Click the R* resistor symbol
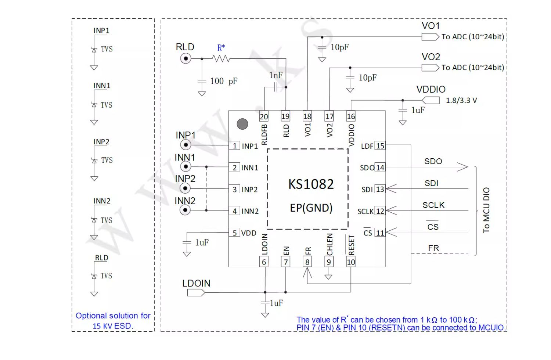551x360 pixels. coord(221,58)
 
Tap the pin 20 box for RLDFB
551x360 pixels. coord(264,116)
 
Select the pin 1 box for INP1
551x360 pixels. coord(234,146)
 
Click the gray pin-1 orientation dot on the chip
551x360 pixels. coord(242,124)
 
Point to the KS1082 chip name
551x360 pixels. coord(311,184)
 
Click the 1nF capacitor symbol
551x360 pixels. coord(275,87)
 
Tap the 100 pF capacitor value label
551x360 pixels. coord(224,81)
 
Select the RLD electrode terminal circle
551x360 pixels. coord(186,58)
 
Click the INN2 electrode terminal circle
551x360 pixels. coord(185,210)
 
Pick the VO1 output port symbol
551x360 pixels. coord(430,37)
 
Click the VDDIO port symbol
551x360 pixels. coord(431,100)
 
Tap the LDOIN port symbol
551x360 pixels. coord(196,292)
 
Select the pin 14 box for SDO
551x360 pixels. coord(380,168)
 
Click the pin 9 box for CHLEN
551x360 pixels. coord(329,262)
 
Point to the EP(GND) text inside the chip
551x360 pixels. coord(311,208)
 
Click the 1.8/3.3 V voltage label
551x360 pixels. coord(461,100)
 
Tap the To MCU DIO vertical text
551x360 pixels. coord(486,210)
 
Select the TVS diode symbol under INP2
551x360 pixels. coord(94,161)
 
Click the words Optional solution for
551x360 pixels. coord(113,316)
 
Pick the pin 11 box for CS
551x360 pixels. coord(380,233)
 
